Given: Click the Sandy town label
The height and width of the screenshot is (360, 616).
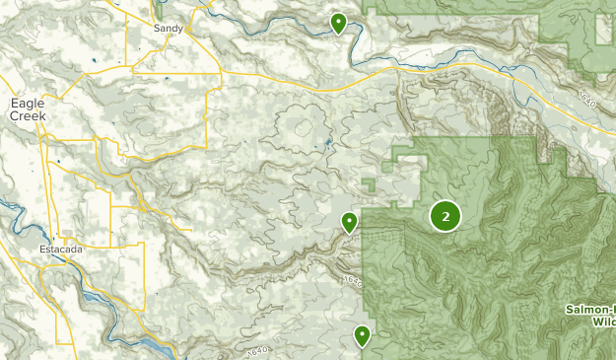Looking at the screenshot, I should point(169,29).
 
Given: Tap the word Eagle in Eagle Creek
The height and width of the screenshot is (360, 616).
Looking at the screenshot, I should point(25,103).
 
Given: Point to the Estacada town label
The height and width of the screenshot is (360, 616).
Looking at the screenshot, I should point(61,249).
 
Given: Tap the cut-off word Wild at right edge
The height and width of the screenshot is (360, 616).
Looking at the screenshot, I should point(602,322).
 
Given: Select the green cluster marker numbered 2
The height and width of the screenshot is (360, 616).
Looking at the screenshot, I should point(445,216).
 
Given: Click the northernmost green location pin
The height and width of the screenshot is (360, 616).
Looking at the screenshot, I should point(338,23).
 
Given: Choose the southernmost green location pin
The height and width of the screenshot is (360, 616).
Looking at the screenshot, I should point(363,336).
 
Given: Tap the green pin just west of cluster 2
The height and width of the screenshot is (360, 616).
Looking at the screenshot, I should point(348,223).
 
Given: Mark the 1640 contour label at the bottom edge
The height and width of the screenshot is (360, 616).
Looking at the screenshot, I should point(258,351).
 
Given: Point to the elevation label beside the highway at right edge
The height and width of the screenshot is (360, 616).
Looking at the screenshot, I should point(588,100).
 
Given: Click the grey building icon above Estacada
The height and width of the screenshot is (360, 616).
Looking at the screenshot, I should point(67,235).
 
